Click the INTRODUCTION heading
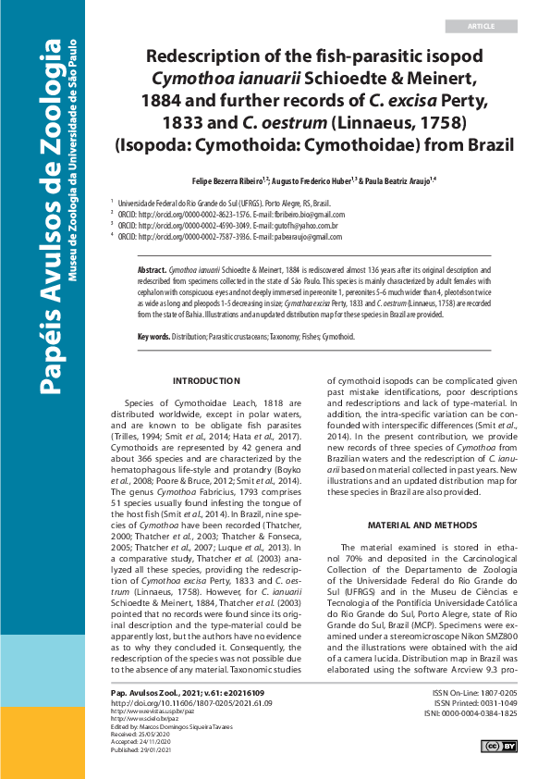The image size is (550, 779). pos(206,381)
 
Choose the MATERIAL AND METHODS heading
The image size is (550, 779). pos(422,524)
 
